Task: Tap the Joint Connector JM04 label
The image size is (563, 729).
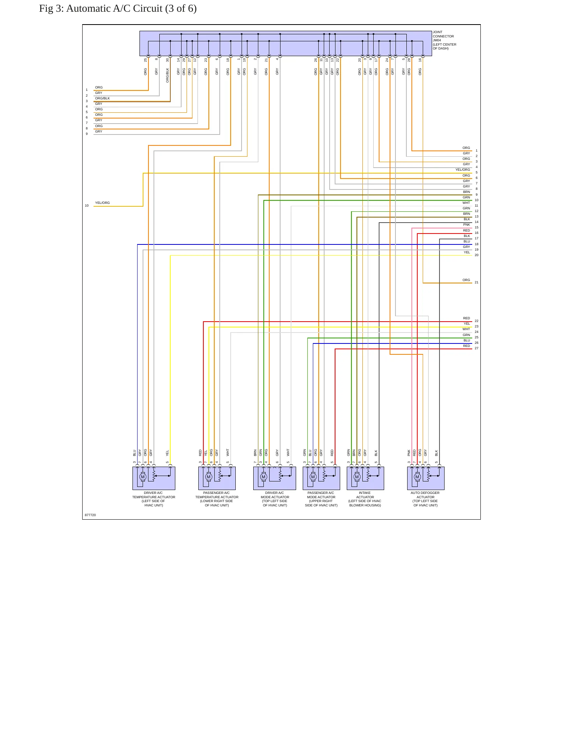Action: pyautogui.click(x=444, y=41)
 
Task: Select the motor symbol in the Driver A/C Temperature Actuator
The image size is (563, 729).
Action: pyautogui.click(x=143, y=477)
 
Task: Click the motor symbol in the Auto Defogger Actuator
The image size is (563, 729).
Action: pyautogui.click(x=417, y=477)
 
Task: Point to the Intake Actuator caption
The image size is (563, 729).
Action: pyautogui.click(x=365, y=499)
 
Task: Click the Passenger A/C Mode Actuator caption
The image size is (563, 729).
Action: pyautogui.click(x=321, y=499)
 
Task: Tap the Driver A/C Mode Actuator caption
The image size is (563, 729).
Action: pyautogui.click(x=275, y=499)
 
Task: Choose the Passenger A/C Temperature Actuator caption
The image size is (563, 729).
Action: pyautogui.click(x=217, y=499)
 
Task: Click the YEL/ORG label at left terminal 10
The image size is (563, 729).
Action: pyautogui.click(x=102, y=203)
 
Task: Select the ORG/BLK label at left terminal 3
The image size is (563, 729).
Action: pyautogui.click(x=102, y=98)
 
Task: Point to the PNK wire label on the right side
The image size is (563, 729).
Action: pyautogui.click(x=466, y=225)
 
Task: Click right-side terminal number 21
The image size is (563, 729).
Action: pyautogui.click(x=477, y=282)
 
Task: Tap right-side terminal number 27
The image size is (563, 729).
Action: pyautogui.click(x=477, y=348)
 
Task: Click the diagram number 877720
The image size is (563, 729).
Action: pyautogui.click(x=90, y=515)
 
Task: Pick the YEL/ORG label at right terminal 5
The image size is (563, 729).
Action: pyautogui.click(x=463, y=170)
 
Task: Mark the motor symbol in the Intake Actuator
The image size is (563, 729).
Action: pyautogui.click(x=357, y=477)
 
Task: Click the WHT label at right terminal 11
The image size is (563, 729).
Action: pyautogui.click(x=466, y=203)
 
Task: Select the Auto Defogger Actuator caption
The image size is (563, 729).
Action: pyautogui.click(x=425, y=499)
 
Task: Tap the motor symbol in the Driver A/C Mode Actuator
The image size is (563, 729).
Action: pyautogui.click(x=263, y=477)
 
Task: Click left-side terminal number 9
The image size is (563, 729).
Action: pyautogui.click(x=87, y=134)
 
